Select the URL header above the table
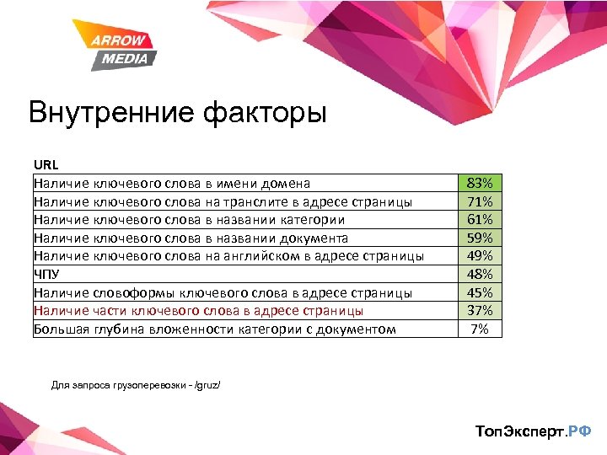[x=46, y=165]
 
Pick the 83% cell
[x=479, y=183]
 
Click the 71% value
[x=479, y=201]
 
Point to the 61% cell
[x=479, y=220]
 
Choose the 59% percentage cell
[x=479, y=238]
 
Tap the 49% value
[x=479, y=256]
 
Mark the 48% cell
[x=479, y=274]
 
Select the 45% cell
[x=479, y=292]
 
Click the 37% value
[x=479, y=310]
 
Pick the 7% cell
[x=479, y=329]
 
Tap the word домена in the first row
[x=286, y=183]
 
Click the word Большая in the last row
[x=61, y=329]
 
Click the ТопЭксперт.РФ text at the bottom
[x=533, y=431]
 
